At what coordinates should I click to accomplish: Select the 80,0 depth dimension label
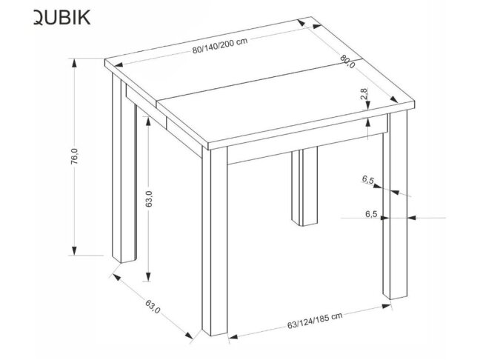point(347,63)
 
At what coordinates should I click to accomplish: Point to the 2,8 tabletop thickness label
point(364,95)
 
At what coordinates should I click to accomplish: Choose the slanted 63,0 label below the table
point(151,305)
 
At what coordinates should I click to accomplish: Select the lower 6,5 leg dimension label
point(371,215)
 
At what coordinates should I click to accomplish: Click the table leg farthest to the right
point(391,215)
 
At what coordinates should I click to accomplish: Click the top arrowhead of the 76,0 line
point(75,63)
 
